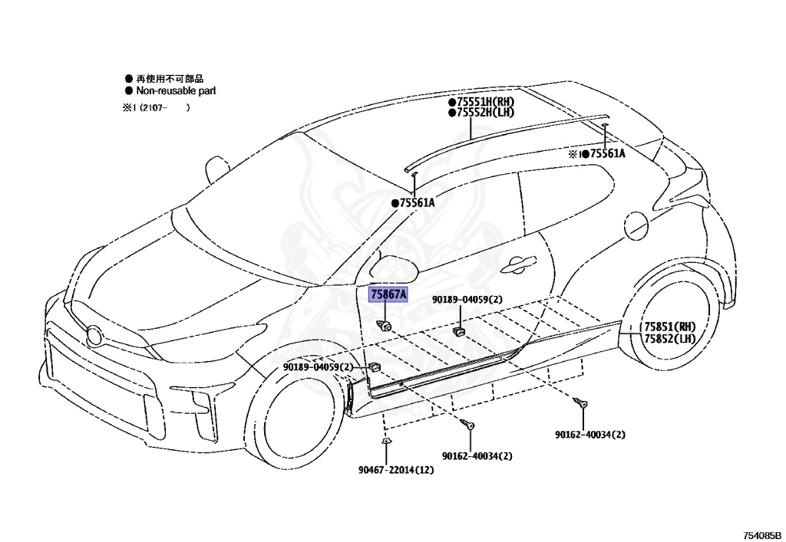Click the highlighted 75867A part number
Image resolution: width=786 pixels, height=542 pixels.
point(388,294)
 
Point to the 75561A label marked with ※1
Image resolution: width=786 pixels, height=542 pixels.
point(596,153)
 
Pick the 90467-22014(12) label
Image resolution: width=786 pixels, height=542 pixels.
point(396,470)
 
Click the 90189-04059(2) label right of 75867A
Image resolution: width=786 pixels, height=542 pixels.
point(467,300)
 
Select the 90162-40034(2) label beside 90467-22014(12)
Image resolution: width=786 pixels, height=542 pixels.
point(477,456)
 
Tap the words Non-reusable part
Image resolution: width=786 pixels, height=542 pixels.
point(176,91)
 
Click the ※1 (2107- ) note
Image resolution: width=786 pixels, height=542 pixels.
point(157,107)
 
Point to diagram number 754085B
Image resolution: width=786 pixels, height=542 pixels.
point(761,536)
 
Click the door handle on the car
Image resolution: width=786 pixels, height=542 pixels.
point(519,264)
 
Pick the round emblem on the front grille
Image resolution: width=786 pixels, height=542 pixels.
point(94,335)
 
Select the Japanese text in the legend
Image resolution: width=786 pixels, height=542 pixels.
point(170,78)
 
